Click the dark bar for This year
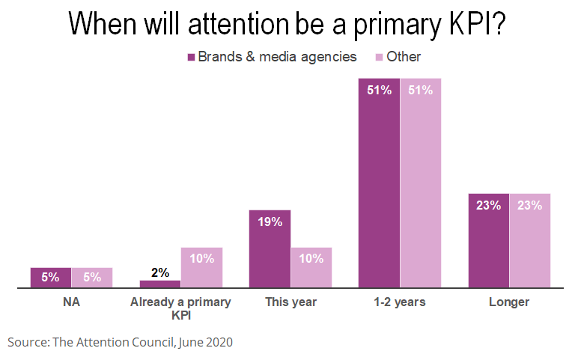pos(270,249)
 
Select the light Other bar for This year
pos(311,268)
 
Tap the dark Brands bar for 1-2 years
pos(379,183)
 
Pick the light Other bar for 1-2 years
pos(421,183)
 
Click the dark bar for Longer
pos(489,241)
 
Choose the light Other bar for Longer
pos(530,241)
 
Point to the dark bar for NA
pos(51,278)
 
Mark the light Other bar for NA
pos(92,278)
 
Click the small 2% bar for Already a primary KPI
pos(160,284)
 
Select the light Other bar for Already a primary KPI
pos(201,268)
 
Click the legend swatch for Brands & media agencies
pos(192,57)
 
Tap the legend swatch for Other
pos(380,57)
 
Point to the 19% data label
pos(270,222)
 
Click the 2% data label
pos(160,272)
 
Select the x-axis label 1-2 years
pos(400,302)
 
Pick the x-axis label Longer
pos(509,302)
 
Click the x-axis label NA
pos(72,302)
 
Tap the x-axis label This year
pos(291,302)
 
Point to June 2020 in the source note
pos(205,342)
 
